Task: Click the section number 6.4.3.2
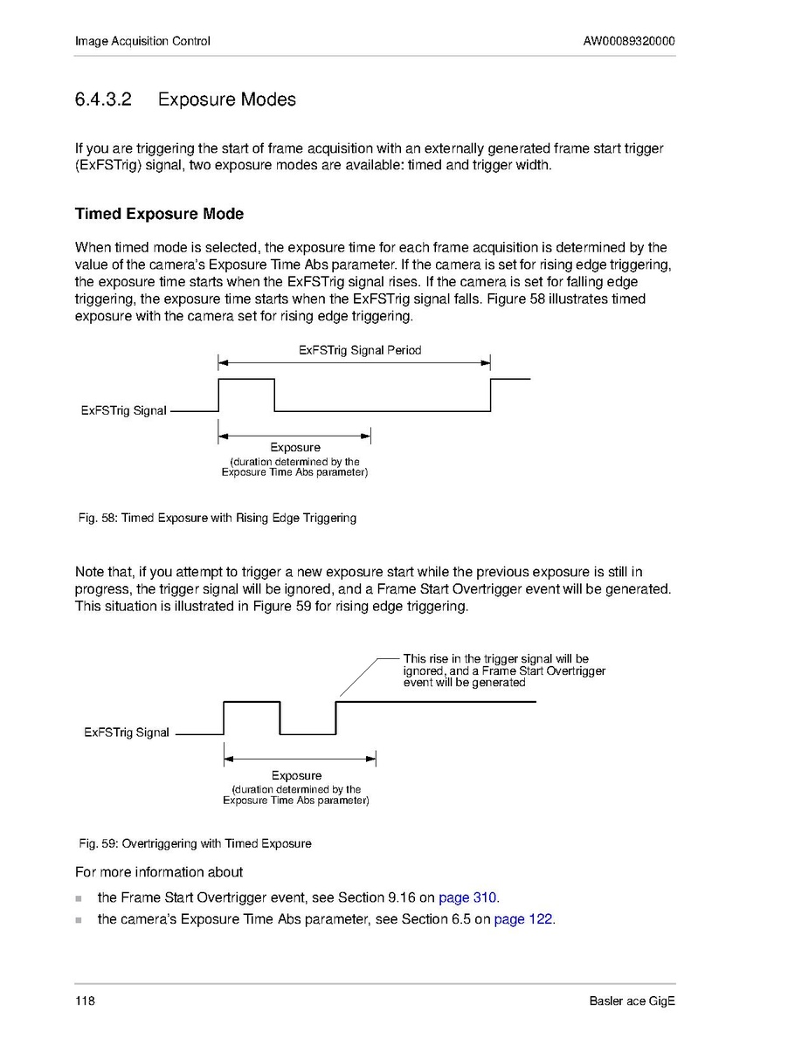point(103,100)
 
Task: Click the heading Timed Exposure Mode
point(159,214)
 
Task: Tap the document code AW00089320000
point(629,41)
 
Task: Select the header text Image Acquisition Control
point(142,41)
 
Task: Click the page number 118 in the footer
point(85,1000)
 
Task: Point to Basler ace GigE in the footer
point(632,1000)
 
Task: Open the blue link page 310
point(467,897)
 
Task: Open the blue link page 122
point(523,919)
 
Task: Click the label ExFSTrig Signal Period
point(359,350)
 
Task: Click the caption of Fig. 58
point(218,518)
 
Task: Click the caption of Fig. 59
point(195,843)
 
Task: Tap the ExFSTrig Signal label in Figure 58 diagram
point(123,410)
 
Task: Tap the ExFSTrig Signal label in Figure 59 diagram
point(127,732)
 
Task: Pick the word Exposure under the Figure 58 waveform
point(294,448)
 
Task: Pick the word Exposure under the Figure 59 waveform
point(296,775)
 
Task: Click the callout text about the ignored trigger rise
point(503,670)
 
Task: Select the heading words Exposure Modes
point(226,100)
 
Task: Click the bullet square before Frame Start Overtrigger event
point(79,898)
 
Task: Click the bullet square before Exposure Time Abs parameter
point(79,920)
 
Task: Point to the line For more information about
point(159,871)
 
